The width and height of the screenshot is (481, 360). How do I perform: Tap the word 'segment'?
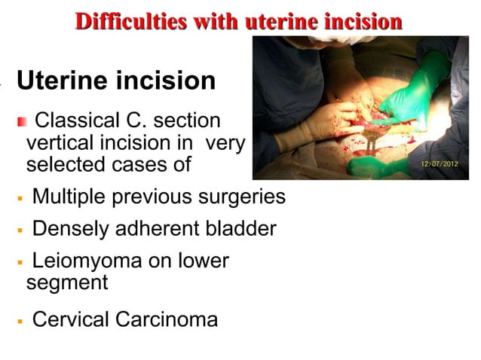click(x=67, y=283)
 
